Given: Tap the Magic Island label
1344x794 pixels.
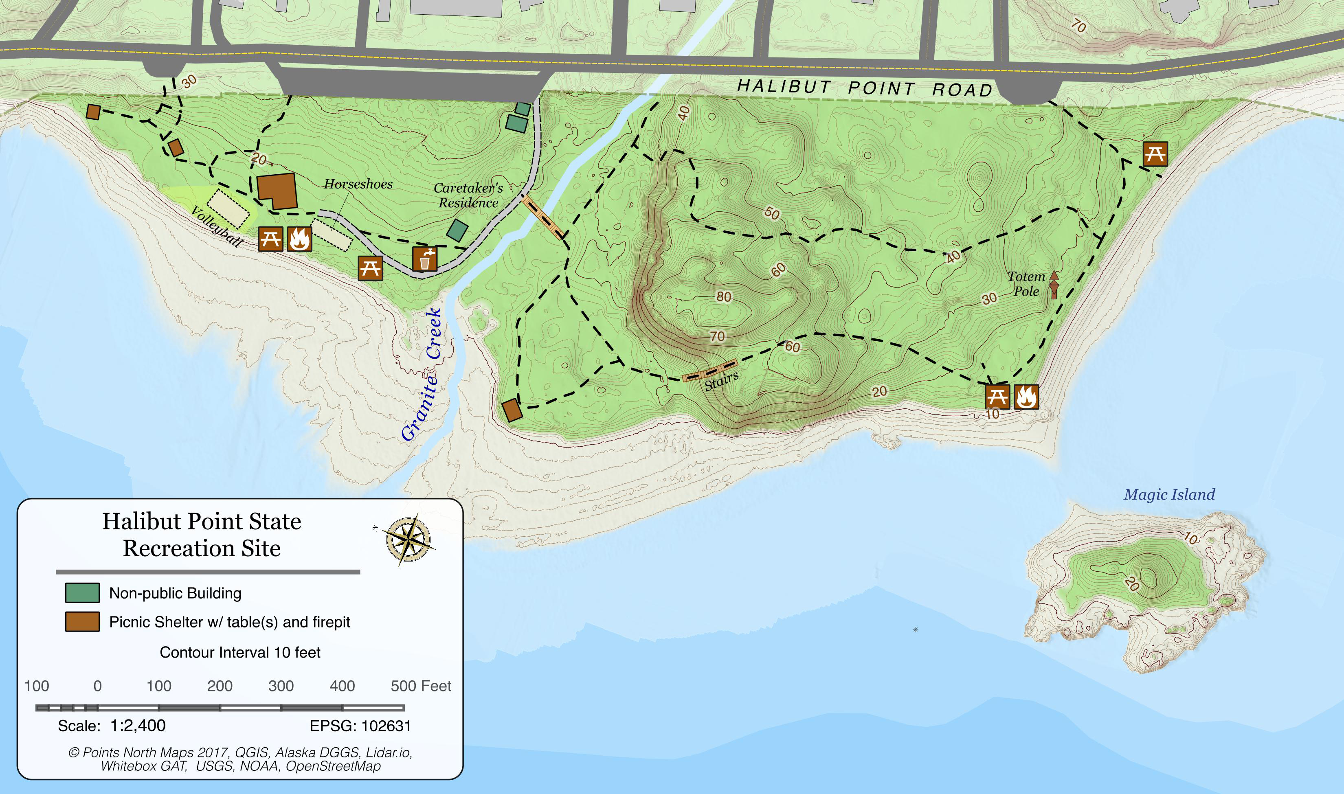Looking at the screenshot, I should coord(1169,494).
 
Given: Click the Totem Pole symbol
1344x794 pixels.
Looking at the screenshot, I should coord(1054,285).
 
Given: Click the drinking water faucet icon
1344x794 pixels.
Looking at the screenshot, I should coord(425,259).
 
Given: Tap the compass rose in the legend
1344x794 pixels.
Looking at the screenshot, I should coord(408,540).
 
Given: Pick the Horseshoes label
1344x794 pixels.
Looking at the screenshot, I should coord(358,184).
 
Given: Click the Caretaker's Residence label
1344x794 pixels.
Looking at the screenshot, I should coord(468,195).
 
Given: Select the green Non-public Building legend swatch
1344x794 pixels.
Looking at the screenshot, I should coord(82,593).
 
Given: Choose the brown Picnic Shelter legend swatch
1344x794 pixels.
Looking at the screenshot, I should coord(82,622).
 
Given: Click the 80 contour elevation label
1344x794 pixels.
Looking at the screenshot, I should coord(723,297).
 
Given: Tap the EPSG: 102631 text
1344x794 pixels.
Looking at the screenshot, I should coord(360,726).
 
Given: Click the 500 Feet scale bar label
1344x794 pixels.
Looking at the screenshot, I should coord(421,686).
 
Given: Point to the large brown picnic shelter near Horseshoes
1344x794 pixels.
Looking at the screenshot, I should coord(277,191).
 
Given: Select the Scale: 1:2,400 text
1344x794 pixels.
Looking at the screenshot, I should coord(112,726).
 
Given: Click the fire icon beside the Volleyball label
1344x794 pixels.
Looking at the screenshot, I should coord(299,239).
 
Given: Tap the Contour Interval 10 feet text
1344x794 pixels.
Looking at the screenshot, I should coord(240,653).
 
